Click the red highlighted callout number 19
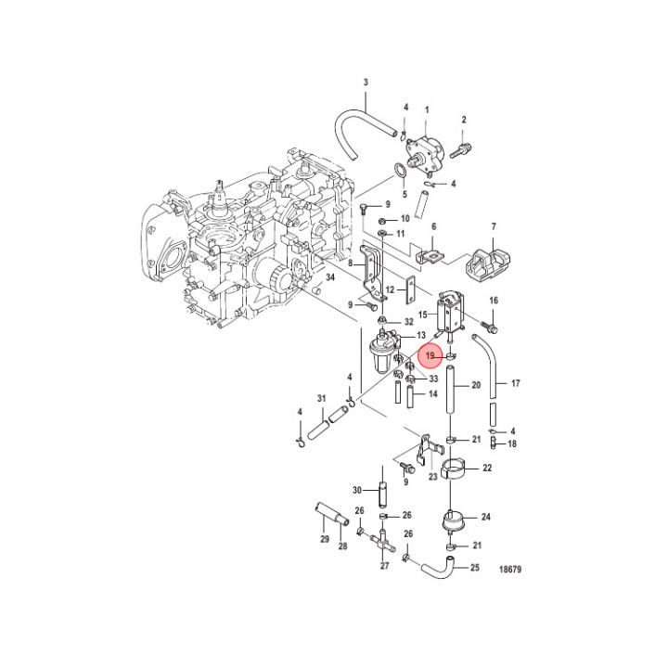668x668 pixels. click(x=430, y=355)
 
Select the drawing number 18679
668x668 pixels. click(x=510, y=569)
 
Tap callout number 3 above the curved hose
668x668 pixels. click(x=366, y=83)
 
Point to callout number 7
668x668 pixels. click(x=494, y=226)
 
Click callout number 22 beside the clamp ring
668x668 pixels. click(x=487, y=468)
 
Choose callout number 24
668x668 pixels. click(x=486, y=517)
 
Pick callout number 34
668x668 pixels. click(x=330, y=277)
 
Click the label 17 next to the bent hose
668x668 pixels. click(x=516, y=383)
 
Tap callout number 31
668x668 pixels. click(x=322, y=398)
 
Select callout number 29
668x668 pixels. click(x=325, y=539)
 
